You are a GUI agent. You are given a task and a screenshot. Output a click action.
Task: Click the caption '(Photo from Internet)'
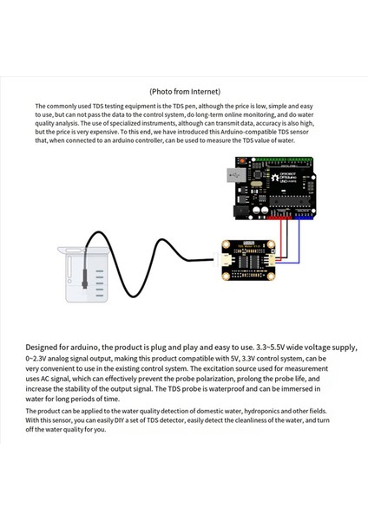pos(184,90)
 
